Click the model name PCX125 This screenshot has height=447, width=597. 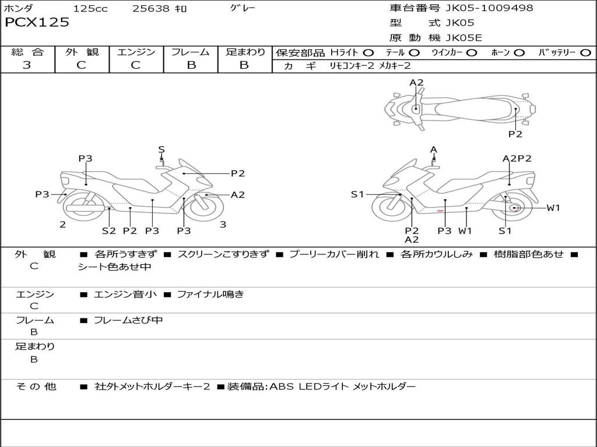[37, 23]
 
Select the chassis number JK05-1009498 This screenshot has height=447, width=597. [489, 8]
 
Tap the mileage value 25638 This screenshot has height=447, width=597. [150, 9]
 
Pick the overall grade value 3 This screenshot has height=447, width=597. [27, 65]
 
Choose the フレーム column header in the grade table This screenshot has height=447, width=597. [191, 52]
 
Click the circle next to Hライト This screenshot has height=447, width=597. [368, 53]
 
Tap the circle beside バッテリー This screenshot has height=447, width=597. [585, 53]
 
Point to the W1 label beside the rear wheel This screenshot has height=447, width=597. [553, 208]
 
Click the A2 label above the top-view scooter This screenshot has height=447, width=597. [416, 83]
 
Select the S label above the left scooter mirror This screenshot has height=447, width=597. [161, 150]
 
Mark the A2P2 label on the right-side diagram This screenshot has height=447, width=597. [517, 158]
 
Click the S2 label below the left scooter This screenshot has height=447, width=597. [109, 230]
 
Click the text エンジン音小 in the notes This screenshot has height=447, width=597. [125, 295]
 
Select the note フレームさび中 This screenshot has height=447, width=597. [128, 320]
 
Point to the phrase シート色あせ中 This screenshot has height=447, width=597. [115, 267]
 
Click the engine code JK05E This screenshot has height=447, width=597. [464, 38]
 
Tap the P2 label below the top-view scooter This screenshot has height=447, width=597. [515, 134]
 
